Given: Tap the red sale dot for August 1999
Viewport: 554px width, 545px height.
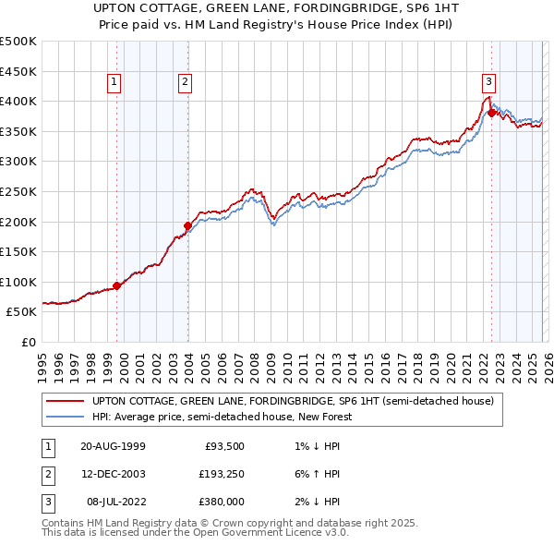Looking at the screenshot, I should (x=117, y=285).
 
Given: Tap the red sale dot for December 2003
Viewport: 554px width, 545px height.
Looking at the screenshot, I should (x=187, y=225).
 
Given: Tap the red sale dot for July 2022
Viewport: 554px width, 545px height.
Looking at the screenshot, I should (x=491, y=113).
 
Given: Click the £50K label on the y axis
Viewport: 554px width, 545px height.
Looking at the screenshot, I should (x=21, y=312).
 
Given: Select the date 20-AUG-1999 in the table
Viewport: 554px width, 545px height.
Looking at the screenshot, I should (x=113, y=447).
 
